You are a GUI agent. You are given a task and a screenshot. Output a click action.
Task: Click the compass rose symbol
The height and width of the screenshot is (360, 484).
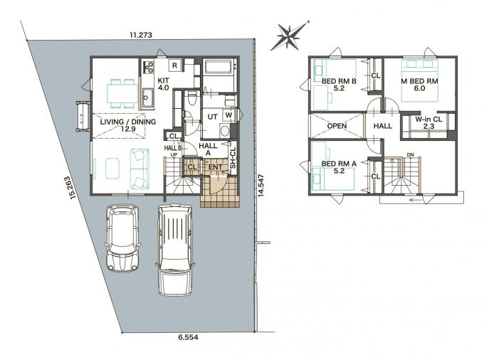[x=290, y=36]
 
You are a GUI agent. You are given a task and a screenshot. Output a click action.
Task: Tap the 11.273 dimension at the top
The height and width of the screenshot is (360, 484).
[x=141, y=35]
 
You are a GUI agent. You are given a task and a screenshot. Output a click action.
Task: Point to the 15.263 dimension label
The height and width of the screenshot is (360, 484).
[x=72, y=188]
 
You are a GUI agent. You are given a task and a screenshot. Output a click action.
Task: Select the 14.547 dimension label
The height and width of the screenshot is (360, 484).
[x=261, y=186]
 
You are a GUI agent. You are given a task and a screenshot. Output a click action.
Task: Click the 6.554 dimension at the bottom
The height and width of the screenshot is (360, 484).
[x=189, y=337]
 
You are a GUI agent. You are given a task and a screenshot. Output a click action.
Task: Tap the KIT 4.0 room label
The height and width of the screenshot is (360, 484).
[x=163, y=84]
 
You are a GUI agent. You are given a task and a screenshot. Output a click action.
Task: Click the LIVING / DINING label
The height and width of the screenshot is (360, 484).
[x=128, y=122]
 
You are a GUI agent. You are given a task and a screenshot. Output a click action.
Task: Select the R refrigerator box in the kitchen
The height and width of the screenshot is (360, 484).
[x=174, y=65]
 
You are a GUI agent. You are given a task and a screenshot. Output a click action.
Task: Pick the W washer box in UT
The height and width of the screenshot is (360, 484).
[x=228, y=115]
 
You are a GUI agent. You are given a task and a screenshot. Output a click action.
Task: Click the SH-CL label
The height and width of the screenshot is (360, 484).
[x=233, y=158]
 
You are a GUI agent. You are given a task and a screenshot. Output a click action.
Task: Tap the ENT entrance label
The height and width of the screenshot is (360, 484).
[x=216, y=167]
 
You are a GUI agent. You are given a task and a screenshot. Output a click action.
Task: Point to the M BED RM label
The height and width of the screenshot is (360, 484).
[x=419, y=81]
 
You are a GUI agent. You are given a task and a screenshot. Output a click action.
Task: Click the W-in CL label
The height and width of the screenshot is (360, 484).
[x=428, y=119]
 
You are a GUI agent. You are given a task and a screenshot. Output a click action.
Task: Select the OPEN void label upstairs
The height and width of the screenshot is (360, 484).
[x=337, y=126]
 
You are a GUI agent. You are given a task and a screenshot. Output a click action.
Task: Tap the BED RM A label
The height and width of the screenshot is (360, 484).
[x=339, y=164]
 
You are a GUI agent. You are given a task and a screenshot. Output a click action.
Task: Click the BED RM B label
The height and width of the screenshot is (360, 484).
[x=339, y=81]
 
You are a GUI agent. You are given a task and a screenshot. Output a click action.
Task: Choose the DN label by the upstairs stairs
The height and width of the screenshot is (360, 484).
[x=410, y=155]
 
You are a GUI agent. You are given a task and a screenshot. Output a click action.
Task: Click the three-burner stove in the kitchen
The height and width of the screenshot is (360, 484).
[x=148, y=67]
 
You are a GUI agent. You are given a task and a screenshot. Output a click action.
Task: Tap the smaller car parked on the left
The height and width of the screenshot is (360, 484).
[x=122, y=238]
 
